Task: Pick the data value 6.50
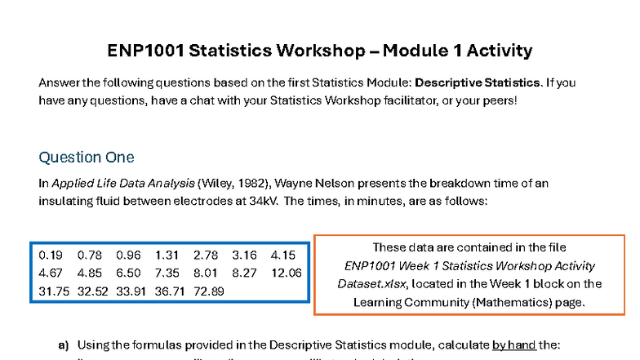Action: click(x=127, y=273)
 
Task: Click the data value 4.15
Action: click(x=282, y=256)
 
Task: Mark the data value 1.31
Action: click(x=167, y=256)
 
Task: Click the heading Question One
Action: click(x=87, y=157)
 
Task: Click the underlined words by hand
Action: click(x=513, y=345)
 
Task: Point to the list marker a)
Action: click(x=63, y=345)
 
